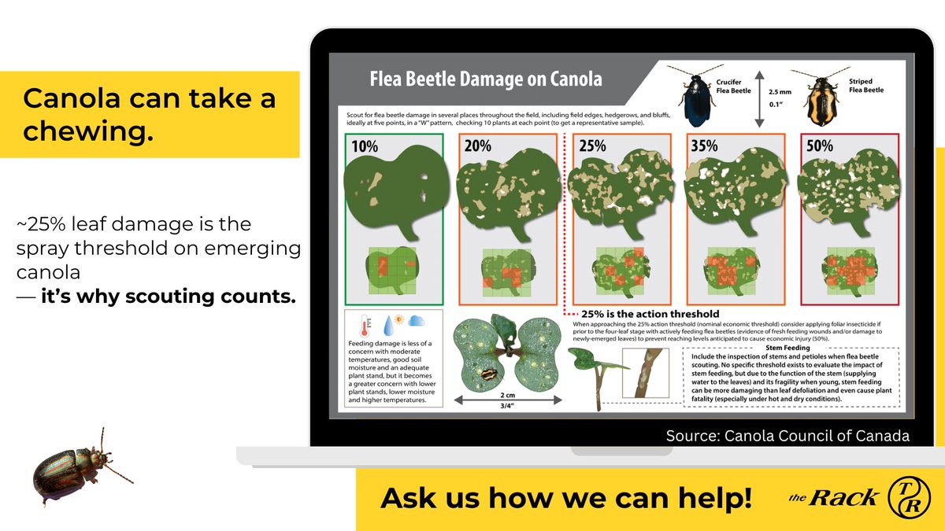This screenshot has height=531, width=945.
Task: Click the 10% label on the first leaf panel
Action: point(365,146)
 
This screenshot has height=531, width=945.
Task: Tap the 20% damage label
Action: point(477,146)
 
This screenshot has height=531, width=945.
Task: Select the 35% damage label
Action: point(704,146)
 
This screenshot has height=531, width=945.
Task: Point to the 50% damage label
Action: point(819,146)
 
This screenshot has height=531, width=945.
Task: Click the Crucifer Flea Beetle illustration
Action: point(696,96)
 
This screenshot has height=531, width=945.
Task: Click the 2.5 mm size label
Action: point(780,92)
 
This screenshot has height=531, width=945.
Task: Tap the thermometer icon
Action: point(365,326)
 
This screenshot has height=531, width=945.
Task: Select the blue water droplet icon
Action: point(388,326)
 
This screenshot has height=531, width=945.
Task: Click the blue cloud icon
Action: point(416,321)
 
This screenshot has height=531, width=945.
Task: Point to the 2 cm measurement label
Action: point(507,395)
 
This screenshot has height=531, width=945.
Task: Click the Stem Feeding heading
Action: point(787,348)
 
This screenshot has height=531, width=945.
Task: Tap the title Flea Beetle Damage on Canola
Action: point(486,79)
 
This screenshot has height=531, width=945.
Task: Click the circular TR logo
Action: point(909,498)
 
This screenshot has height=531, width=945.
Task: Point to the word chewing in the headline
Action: point(88,131)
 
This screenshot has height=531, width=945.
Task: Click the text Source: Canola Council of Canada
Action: point(787,436)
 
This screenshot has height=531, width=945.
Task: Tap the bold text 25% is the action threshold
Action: point(650,314)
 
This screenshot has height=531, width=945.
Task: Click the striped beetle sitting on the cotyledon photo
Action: point(490,374)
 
